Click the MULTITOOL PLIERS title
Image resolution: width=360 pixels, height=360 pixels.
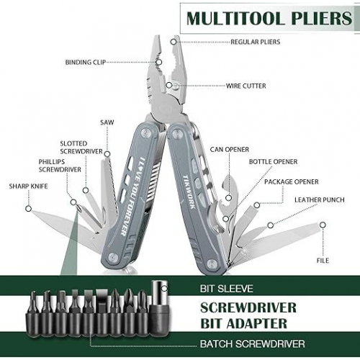[269, 18]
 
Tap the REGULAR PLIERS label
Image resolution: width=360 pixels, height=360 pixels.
[256, 42]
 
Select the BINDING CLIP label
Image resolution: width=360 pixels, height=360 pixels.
[86, 62]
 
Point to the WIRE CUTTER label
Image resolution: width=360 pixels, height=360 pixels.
[246, 86]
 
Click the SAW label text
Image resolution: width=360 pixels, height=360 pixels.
[107, 122]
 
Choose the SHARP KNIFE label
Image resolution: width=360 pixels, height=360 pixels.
[28, 186]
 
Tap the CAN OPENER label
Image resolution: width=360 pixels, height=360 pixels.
[230, 149]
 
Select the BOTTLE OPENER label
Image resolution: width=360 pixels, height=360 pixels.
[273, 161]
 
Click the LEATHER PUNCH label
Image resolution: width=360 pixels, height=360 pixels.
[320, 199]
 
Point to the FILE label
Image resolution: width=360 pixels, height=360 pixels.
[323, 261]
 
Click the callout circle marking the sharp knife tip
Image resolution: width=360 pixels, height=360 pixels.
[29, 209]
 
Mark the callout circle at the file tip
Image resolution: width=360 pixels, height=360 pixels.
[323, 225]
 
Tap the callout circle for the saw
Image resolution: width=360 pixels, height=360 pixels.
[107, 154]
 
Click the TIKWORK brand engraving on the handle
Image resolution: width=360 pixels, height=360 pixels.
[189, 192]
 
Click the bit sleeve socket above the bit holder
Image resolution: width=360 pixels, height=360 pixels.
[158, 296]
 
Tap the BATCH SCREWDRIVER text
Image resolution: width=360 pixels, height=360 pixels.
[253, 343]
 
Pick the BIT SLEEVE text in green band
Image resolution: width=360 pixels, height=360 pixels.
[227, 289]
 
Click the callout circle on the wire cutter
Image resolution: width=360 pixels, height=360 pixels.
[169, 85]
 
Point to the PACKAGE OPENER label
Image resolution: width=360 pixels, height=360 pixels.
[292, 181]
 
